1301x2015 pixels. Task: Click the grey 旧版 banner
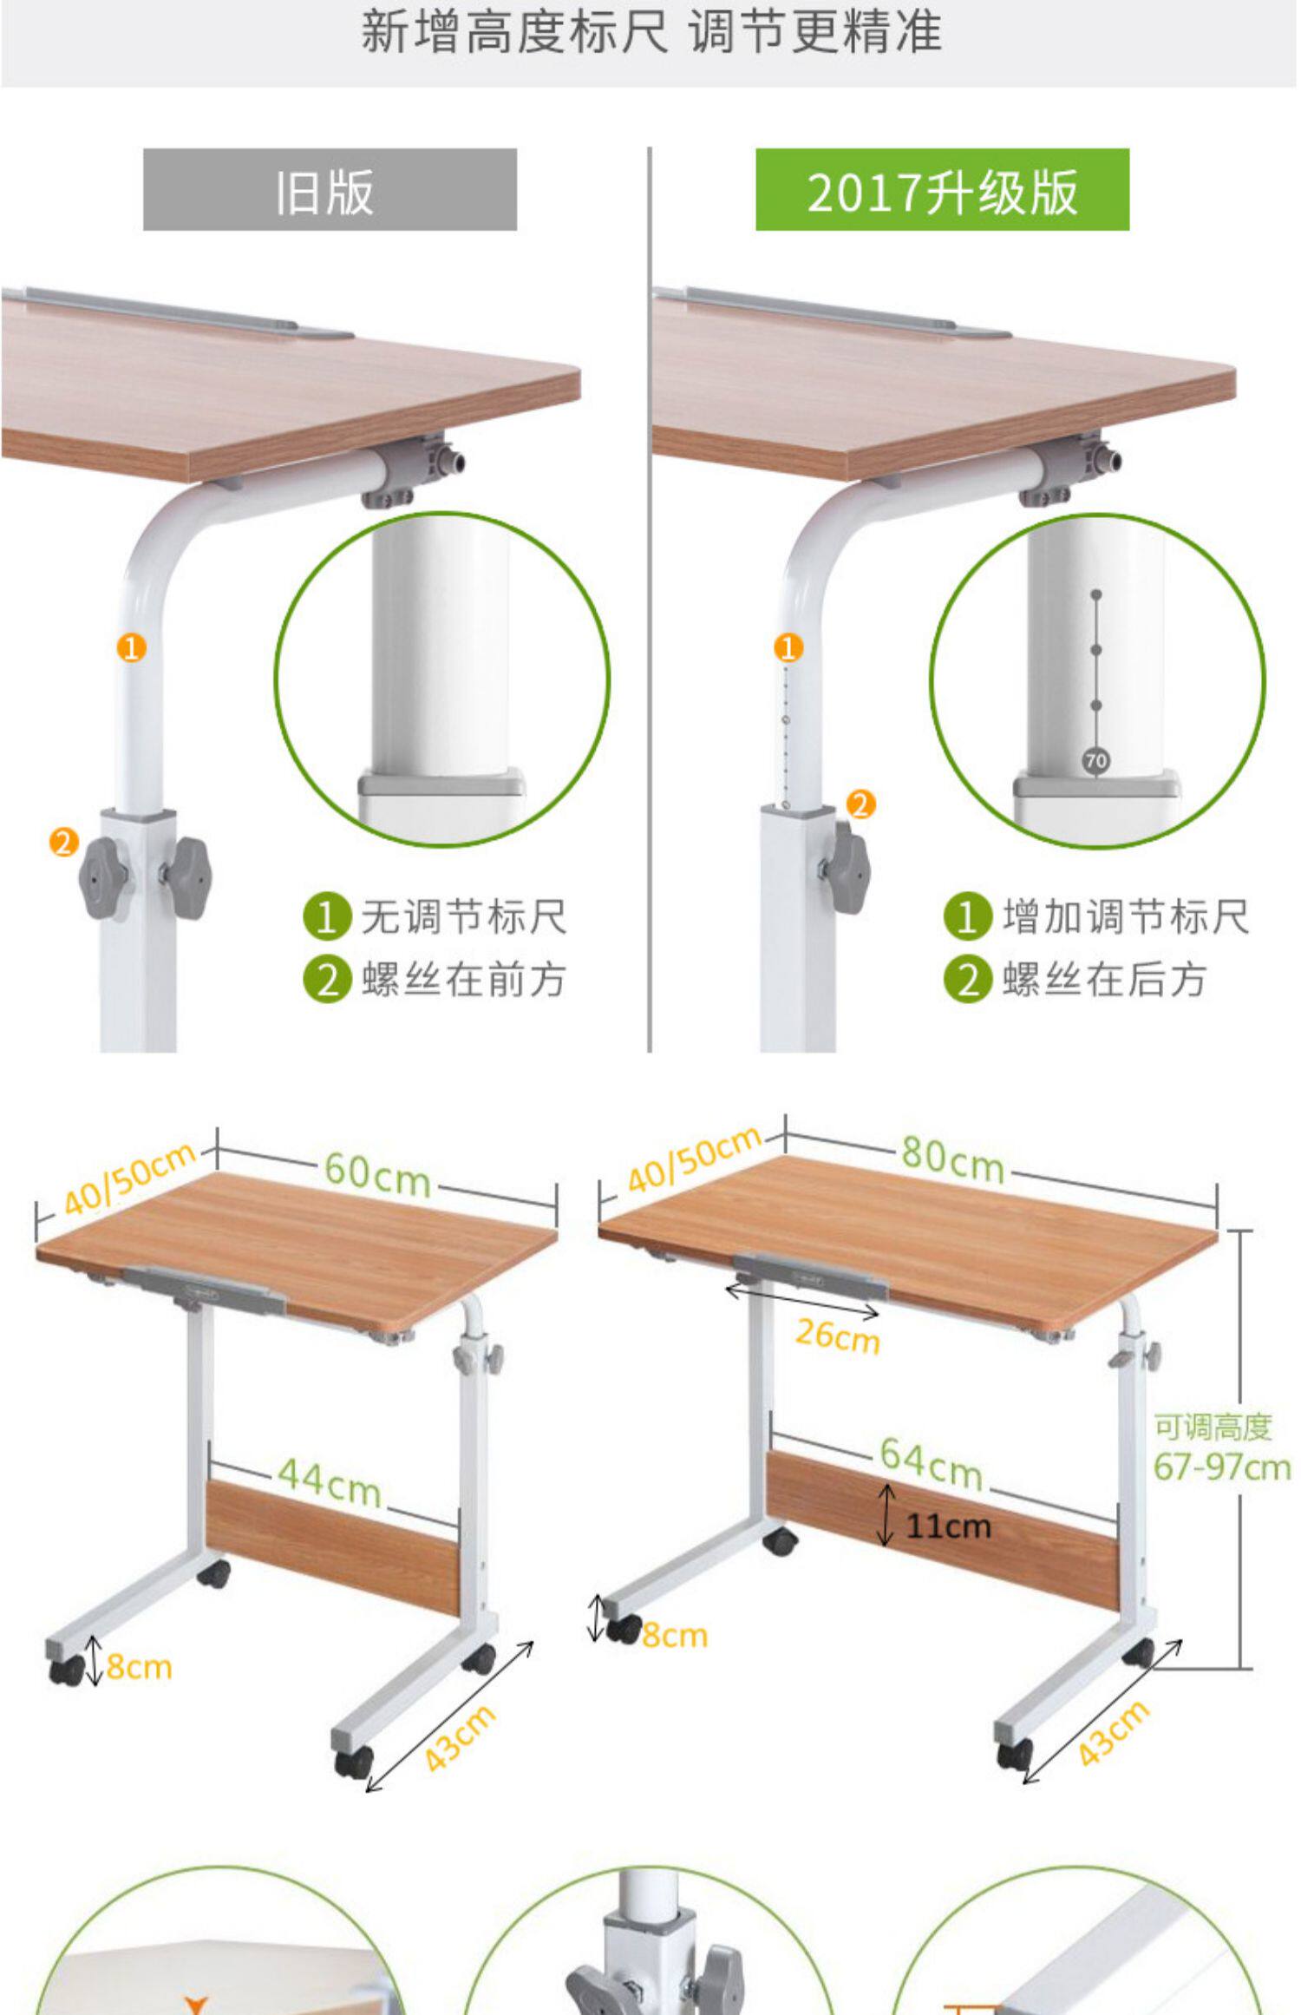click(330, 189)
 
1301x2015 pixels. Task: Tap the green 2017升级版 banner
click(942, 189)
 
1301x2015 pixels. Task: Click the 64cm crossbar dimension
click(931, 1462)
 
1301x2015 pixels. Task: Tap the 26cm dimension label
click(837, 1336)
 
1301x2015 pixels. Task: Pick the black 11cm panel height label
click(948, 1526)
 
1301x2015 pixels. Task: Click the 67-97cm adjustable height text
click(1221, 1467)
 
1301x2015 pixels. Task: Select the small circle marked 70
click(1096, 761)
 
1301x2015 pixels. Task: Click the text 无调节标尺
click(464, 917)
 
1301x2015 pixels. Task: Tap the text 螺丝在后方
click(1104, 981)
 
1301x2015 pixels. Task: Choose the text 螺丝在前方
click(464, 981)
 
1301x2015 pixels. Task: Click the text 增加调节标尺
click(1126, 917)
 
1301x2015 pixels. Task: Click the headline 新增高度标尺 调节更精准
click(650, 33)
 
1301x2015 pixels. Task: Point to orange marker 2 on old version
click(63, 842)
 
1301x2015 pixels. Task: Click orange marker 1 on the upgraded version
click(788, 647)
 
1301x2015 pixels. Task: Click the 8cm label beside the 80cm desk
click(675, 1636)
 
